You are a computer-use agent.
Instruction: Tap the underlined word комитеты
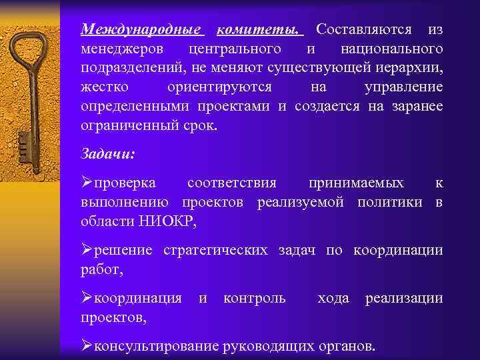259,30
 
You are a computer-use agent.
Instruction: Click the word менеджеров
124,49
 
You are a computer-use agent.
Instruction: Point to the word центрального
234,49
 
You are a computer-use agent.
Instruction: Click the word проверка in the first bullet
125,183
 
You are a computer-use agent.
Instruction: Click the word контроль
255,298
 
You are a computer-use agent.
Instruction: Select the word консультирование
159,346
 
